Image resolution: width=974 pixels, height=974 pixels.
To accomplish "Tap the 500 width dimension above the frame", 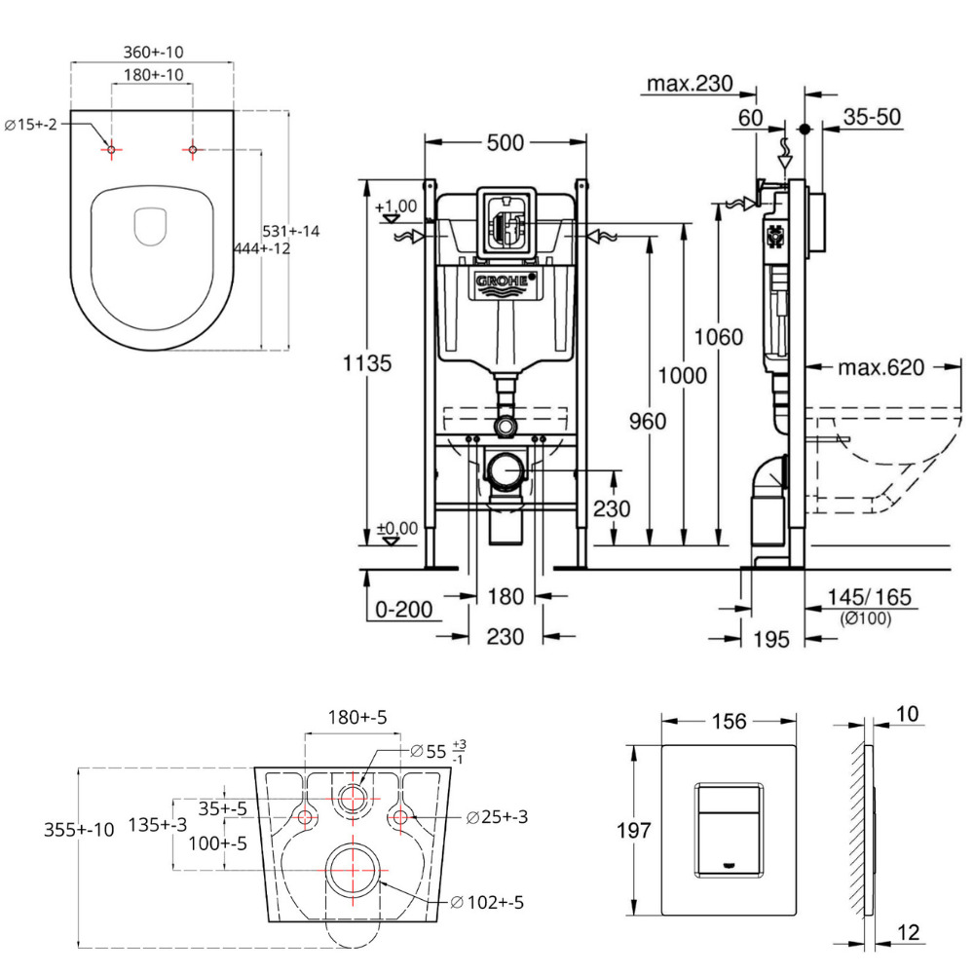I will coord(506,143).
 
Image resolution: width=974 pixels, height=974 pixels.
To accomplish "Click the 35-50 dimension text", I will coord(872,118).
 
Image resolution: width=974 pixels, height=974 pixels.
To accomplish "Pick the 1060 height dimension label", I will coord(718,338).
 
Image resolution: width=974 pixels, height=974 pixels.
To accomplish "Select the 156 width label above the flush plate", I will coord(730,722).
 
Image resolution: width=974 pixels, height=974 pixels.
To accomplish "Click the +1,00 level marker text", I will coord(396,206).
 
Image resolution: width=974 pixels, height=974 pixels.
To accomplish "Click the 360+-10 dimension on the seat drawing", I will coord(154,51).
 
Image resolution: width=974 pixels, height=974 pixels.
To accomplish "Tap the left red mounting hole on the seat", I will coord(112,150).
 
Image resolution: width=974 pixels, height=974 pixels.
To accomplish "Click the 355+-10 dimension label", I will coord(80,829).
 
